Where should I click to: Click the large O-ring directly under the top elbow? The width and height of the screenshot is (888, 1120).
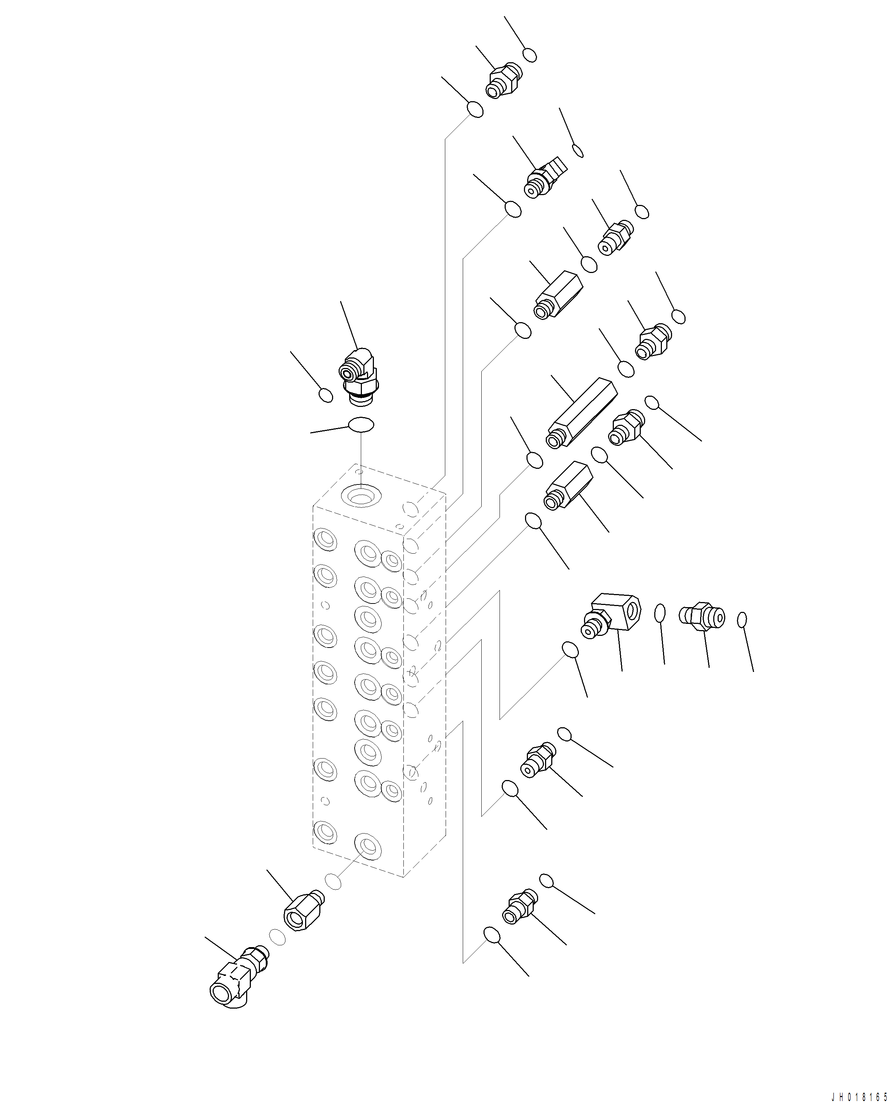[360, 424]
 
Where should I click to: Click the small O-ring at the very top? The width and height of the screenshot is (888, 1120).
[530, 55]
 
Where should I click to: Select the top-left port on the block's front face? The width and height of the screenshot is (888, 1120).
[325, 540]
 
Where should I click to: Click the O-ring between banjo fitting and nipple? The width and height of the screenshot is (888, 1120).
[659, 613]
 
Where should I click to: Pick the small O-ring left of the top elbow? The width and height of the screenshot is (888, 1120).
[326, 395]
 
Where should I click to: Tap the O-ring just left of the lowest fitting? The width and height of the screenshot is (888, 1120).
[492, 935]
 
